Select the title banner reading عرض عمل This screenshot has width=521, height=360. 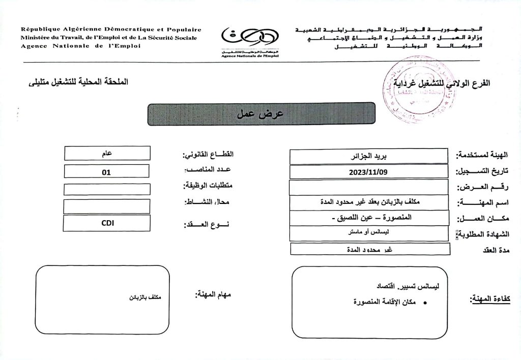click(x=261, y=113)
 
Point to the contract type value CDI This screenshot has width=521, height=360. click(x=106, y=223)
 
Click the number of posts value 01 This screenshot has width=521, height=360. click(x=106, y=172)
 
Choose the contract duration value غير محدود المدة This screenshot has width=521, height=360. click(x=370, y=249)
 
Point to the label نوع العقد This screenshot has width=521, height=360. click(x=206, y=224)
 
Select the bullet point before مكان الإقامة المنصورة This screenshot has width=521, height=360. click(x=425, y=303)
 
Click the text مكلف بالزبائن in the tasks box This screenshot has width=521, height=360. click(x=144, y=297)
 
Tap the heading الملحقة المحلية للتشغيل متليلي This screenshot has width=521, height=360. click(x=79, y=82)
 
